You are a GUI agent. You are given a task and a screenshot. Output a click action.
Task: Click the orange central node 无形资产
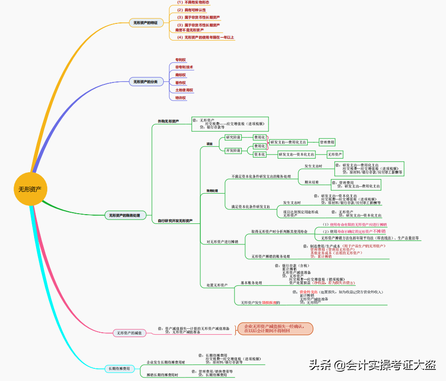[30, 189]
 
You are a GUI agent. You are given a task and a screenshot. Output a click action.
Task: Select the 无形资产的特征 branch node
[146, 22]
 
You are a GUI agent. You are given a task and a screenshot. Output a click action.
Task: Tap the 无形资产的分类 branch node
[146, 82]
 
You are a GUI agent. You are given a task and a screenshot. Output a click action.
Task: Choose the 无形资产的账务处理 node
[124, 215]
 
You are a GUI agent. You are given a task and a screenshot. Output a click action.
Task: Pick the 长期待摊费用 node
[119, 368]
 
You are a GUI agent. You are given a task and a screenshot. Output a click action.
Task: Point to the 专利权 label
[181, 60]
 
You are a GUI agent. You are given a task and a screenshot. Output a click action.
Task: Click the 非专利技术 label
[184, 67]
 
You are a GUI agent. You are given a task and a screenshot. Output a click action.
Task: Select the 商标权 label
[181, 75]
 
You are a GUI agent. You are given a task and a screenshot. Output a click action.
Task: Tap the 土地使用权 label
[184, 90]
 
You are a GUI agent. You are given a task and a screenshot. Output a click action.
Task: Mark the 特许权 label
[181, 98]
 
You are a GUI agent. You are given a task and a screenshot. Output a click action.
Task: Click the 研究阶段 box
[233, 138]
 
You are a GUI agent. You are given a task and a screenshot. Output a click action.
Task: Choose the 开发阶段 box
[233, 150]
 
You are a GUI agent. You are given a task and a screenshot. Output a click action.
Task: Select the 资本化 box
[260, 154]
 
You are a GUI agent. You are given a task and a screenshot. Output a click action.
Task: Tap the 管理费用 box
[327, 142]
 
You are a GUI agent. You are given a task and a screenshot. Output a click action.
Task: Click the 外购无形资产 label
[168, 121]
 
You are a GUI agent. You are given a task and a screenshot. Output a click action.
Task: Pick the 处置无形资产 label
[217, 284]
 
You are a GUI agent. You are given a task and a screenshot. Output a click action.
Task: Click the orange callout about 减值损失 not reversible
[275, 328]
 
